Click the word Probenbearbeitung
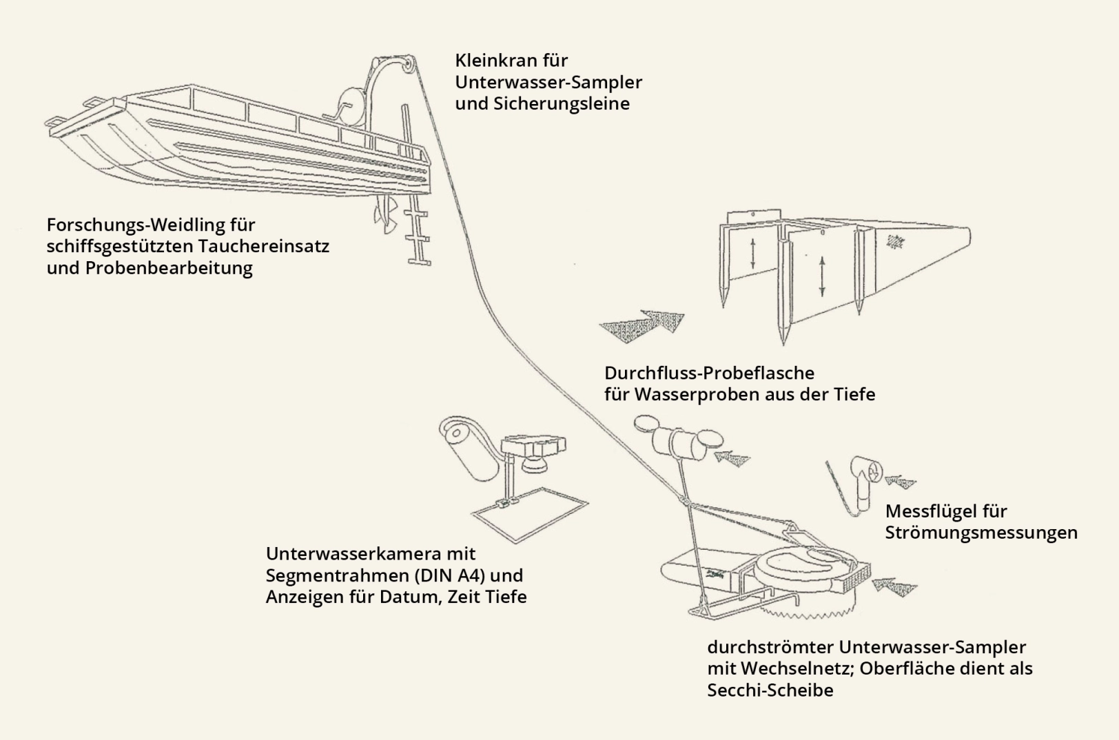(169, 268)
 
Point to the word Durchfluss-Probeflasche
(709, 373)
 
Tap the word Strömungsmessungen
(981, 533)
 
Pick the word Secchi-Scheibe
(770, 690)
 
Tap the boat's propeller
(382, 216)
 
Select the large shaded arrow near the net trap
(641, 323)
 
